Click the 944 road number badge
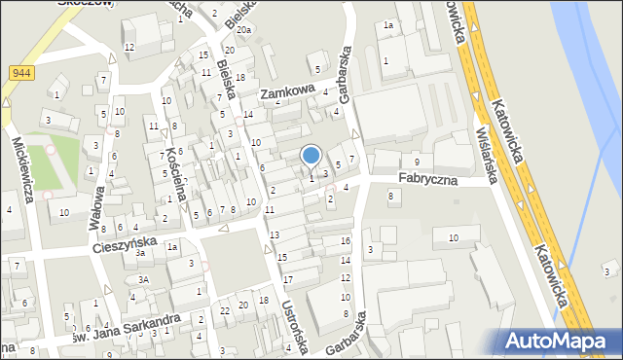tap(21, 73)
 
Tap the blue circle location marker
tap(311, 155)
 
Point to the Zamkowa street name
tap(287, 93)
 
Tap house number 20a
tap(243, 30)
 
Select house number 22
tap(225, 309)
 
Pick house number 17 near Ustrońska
tap(288, 279)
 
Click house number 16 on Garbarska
tap(346, 240)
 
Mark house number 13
tap(275, 235)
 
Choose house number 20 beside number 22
tap(243, 306)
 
